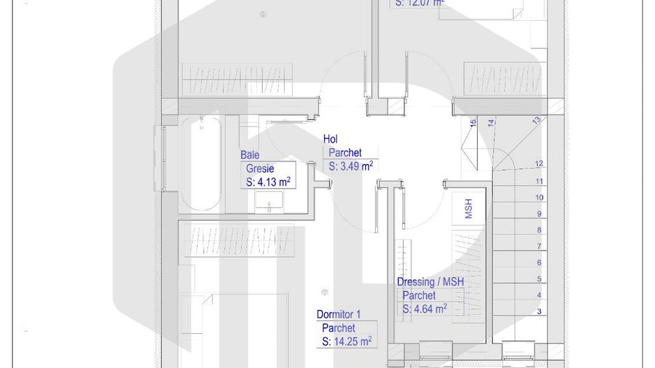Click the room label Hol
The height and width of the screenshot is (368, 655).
point(330,140)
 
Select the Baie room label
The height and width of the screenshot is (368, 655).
point(250,155)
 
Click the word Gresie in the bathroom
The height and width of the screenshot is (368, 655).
point(260,168)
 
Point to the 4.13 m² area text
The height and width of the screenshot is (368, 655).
point(268,182)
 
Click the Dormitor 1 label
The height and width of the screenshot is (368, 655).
point(339,314)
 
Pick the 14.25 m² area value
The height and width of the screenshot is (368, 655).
point(346,341)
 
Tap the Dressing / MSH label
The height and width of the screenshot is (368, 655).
point(430,281)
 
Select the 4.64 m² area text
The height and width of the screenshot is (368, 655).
point(425,309)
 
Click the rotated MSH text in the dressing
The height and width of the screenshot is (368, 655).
point(469,208)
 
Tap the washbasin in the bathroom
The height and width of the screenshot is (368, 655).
point(269,203)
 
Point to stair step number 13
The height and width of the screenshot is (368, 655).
point(536,120)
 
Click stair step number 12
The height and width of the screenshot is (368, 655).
point(539,164)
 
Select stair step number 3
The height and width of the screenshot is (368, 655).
point(539,311)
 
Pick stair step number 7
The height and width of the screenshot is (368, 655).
point(539,246)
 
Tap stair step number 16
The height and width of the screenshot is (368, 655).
point(473,122)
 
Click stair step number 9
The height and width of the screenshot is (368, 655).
point(539,214)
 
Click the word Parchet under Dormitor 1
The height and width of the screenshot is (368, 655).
point(339,327)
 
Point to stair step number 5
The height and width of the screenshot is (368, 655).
point(539,279)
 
